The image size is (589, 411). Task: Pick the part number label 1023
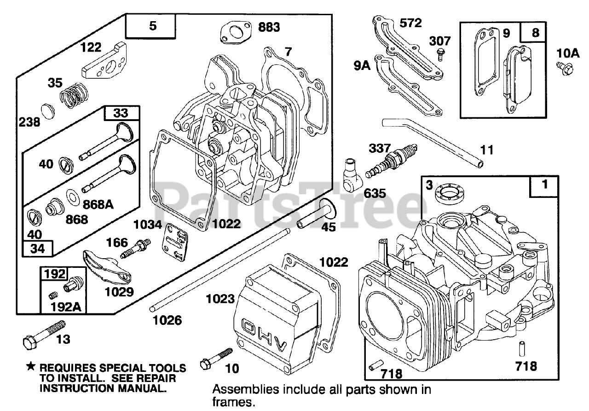click(220, 299)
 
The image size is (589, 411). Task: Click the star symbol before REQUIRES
click(31, 367)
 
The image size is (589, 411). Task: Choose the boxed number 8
click(536, 33)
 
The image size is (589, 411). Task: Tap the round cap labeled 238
click(47, 111)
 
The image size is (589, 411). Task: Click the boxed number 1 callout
click(545, 185)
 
